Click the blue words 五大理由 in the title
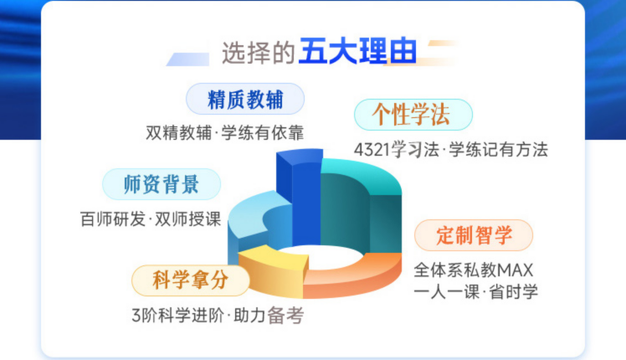358,51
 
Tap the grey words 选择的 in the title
259,53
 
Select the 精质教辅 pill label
245,99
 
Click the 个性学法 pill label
413,115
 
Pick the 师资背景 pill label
162,184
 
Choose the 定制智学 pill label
474,235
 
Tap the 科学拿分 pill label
191,280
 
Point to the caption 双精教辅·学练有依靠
225,133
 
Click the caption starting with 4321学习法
451,150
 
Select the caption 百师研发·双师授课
151,219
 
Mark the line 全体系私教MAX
473,270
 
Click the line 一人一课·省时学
475,292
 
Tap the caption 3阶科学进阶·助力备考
218,316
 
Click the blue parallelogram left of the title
187,59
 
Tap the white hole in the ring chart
320,255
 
